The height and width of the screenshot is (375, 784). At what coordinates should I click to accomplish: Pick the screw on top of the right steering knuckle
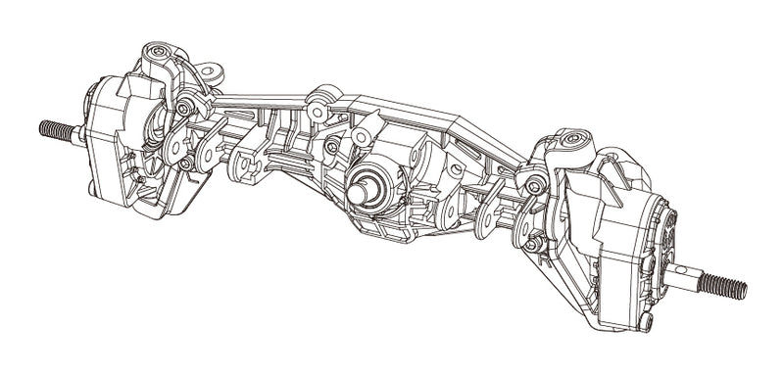[566, 142]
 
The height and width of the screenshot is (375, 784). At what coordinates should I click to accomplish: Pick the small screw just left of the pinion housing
[334, 147]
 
